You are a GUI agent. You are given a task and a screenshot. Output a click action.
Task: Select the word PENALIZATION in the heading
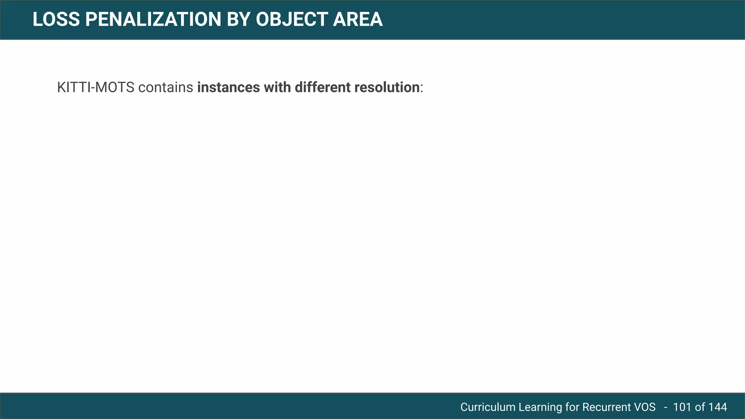[153, 20]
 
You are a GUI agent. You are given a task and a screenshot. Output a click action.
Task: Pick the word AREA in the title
[358, 20]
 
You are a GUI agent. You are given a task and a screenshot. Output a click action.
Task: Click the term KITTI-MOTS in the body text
[96, 88]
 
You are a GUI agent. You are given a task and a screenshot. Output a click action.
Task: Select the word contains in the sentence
[166, 88]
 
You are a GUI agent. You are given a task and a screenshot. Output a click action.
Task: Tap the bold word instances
[228, 88]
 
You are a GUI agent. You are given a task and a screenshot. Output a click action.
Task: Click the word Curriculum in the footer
[488, 407]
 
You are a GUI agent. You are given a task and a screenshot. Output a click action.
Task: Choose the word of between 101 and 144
[700, 407]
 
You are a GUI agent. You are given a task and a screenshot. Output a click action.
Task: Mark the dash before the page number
[666, 407]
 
